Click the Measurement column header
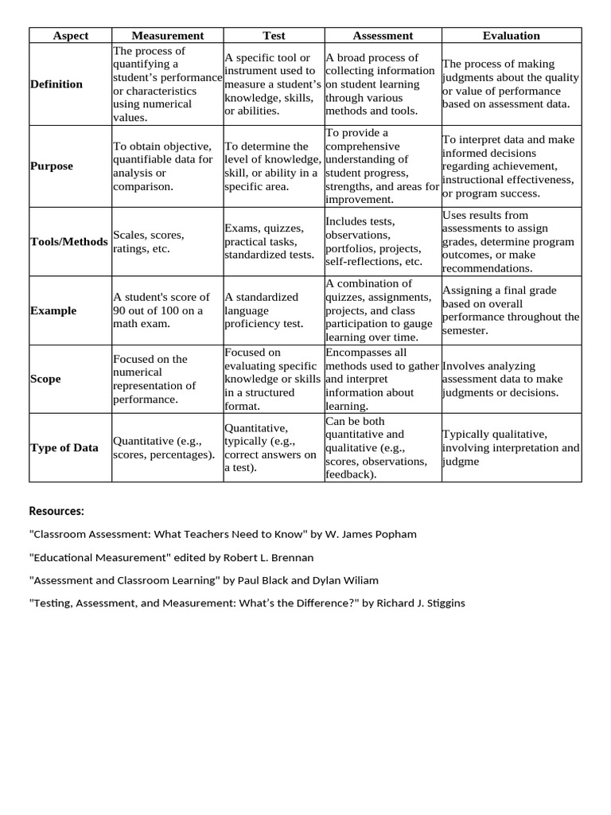[x=167, y=36]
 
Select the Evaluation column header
[x=511, y=36]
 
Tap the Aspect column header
[x=70, y=36]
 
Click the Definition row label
[x=56, y=84]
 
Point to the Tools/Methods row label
[x=68, y=242]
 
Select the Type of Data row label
[x=64, y=447]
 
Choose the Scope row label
[x=45, y=379]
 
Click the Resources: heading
[x=56, y=510]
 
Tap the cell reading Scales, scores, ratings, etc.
[x=149, y=242]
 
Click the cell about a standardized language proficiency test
[x=264, y=310]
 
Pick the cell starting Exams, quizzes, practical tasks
[x=269, y=242]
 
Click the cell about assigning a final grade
[x=510, y=310]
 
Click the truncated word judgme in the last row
[x=461, y=462]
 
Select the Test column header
[x=274, y=36]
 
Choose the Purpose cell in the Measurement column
[x=163, y=166]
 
